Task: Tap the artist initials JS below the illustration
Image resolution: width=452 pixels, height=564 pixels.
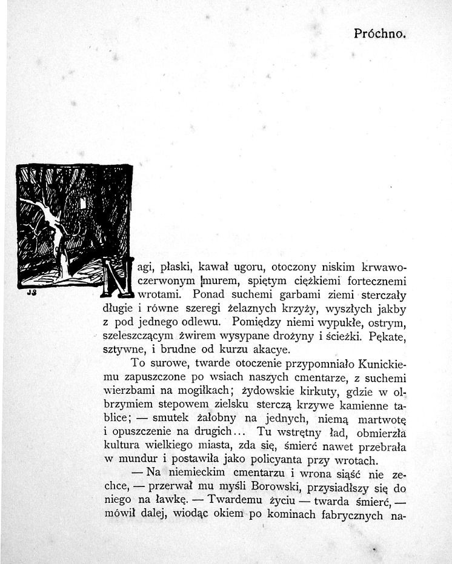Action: coord(31,293)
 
